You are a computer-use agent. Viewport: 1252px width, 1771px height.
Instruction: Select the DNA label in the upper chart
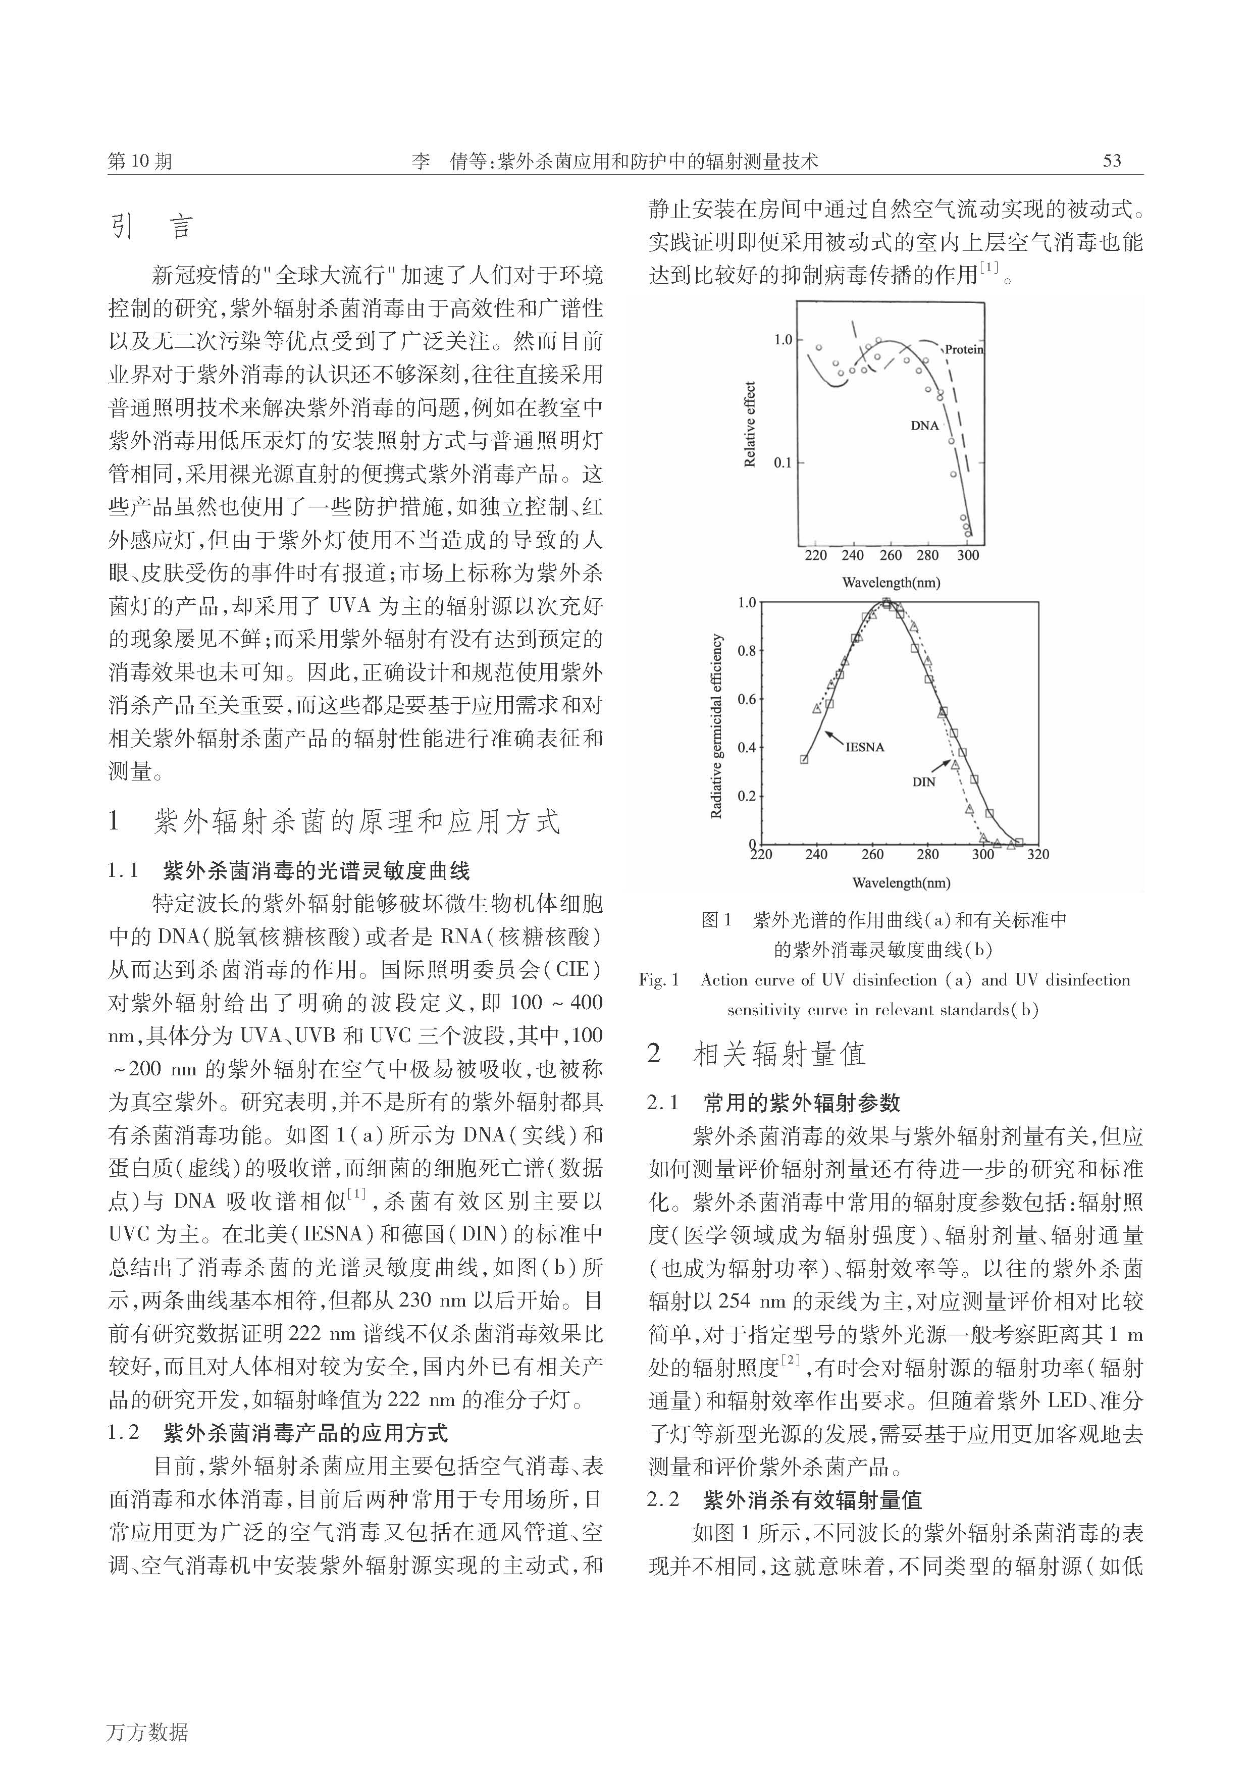coord(925,426)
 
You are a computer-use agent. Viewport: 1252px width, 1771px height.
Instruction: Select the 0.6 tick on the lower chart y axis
coord(747,699)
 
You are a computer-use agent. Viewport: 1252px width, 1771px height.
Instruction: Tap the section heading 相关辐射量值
coord(779,1054)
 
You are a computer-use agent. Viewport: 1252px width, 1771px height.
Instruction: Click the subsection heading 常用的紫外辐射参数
coord(802,1103)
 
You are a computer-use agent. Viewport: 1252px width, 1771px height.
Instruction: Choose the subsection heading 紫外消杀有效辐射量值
coord(812,1500)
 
